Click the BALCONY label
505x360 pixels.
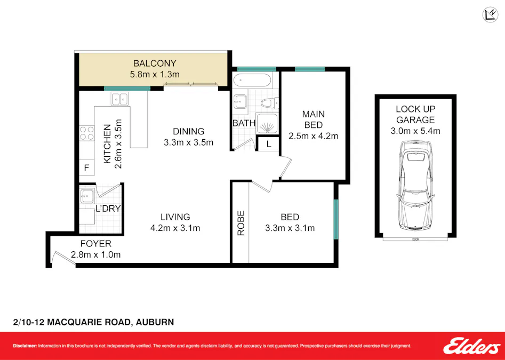pyautogui.click(x=155, y=63)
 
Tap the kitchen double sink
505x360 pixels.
pyautogui.click(x=119, y=99)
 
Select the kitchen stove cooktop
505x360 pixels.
pyautogui.click(x=86, y=133)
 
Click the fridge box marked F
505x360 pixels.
pyautogui.click(x=86, y=167)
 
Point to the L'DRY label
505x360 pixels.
pyautogui.click(x=108, y=209)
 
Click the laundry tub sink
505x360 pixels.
pyautogui.click(x=86, y=197)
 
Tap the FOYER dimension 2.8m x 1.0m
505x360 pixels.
pyautogui.click(x=96, y=254)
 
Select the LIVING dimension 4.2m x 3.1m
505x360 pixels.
pyautogui.click(x=175, y=228)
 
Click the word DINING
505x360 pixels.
pyautogui.click(x=188, y=131)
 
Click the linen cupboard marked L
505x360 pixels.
pyautogui.click(x=268, y=143)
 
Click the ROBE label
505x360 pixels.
pyautogui.click(x=241, y=223)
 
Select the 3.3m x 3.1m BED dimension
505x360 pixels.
pyautogui.click(x=290, y=228)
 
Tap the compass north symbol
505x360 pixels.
pyautogui.click(x=490, y=15)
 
